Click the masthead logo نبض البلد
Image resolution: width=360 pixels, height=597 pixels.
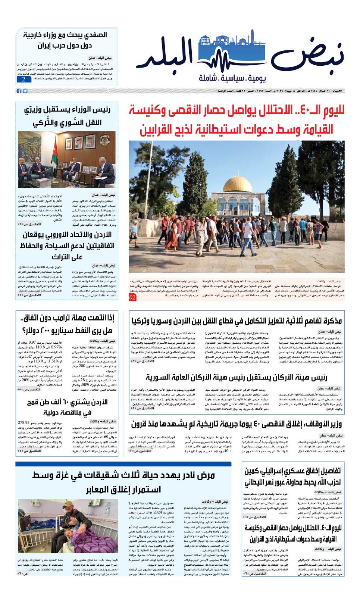coord(239,54)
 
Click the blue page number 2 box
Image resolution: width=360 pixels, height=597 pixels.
coord(23,79)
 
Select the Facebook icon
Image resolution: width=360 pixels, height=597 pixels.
coord(19,91)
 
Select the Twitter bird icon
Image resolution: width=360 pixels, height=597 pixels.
coord(25,91)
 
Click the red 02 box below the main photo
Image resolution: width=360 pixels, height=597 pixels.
coord(132,297)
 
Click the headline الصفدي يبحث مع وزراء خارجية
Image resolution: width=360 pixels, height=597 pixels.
coord(65,35)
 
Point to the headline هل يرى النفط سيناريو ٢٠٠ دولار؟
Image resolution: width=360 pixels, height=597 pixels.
coord(67,331)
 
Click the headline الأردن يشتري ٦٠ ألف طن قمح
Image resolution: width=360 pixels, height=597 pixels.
coord(67,402)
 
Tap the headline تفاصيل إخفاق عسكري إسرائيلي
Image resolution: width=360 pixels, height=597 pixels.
coord(292,471)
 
